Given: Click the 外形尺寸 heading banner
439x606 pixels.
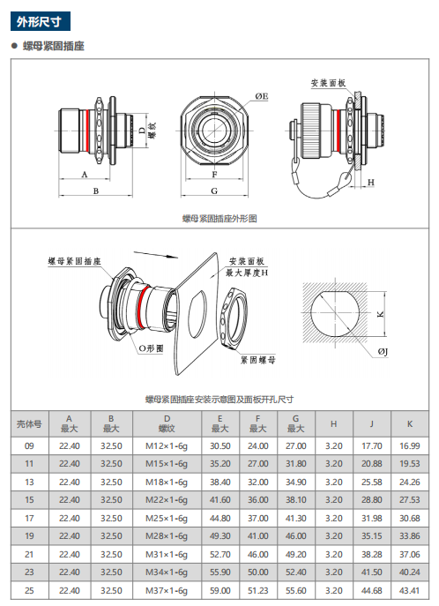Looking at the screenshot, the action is (41, 22).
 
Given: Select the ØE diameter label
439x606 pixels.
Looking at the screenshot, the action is (262, 96).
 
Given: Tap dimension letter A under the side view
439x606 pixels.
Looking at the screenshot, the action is (85, 175).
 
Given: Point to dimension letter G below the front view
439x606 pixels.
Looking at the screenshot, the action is (214, 191).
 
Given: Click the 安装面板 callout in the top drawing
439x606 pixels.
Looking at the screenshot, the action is (328, 83).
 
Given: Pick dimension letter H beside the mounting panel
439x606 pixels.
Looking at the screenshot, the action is (371, 182).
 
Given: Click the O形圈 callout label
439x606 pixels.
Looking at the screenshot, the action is (151, 348).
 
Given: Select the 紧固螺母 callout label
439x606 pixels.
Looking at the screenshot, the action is (258, 360).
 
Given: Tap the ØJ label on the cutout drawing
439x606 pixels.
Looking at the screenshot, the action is (383, 351).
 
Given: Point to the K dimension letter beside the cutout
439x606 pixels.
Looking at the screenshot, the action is (380, 314).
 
